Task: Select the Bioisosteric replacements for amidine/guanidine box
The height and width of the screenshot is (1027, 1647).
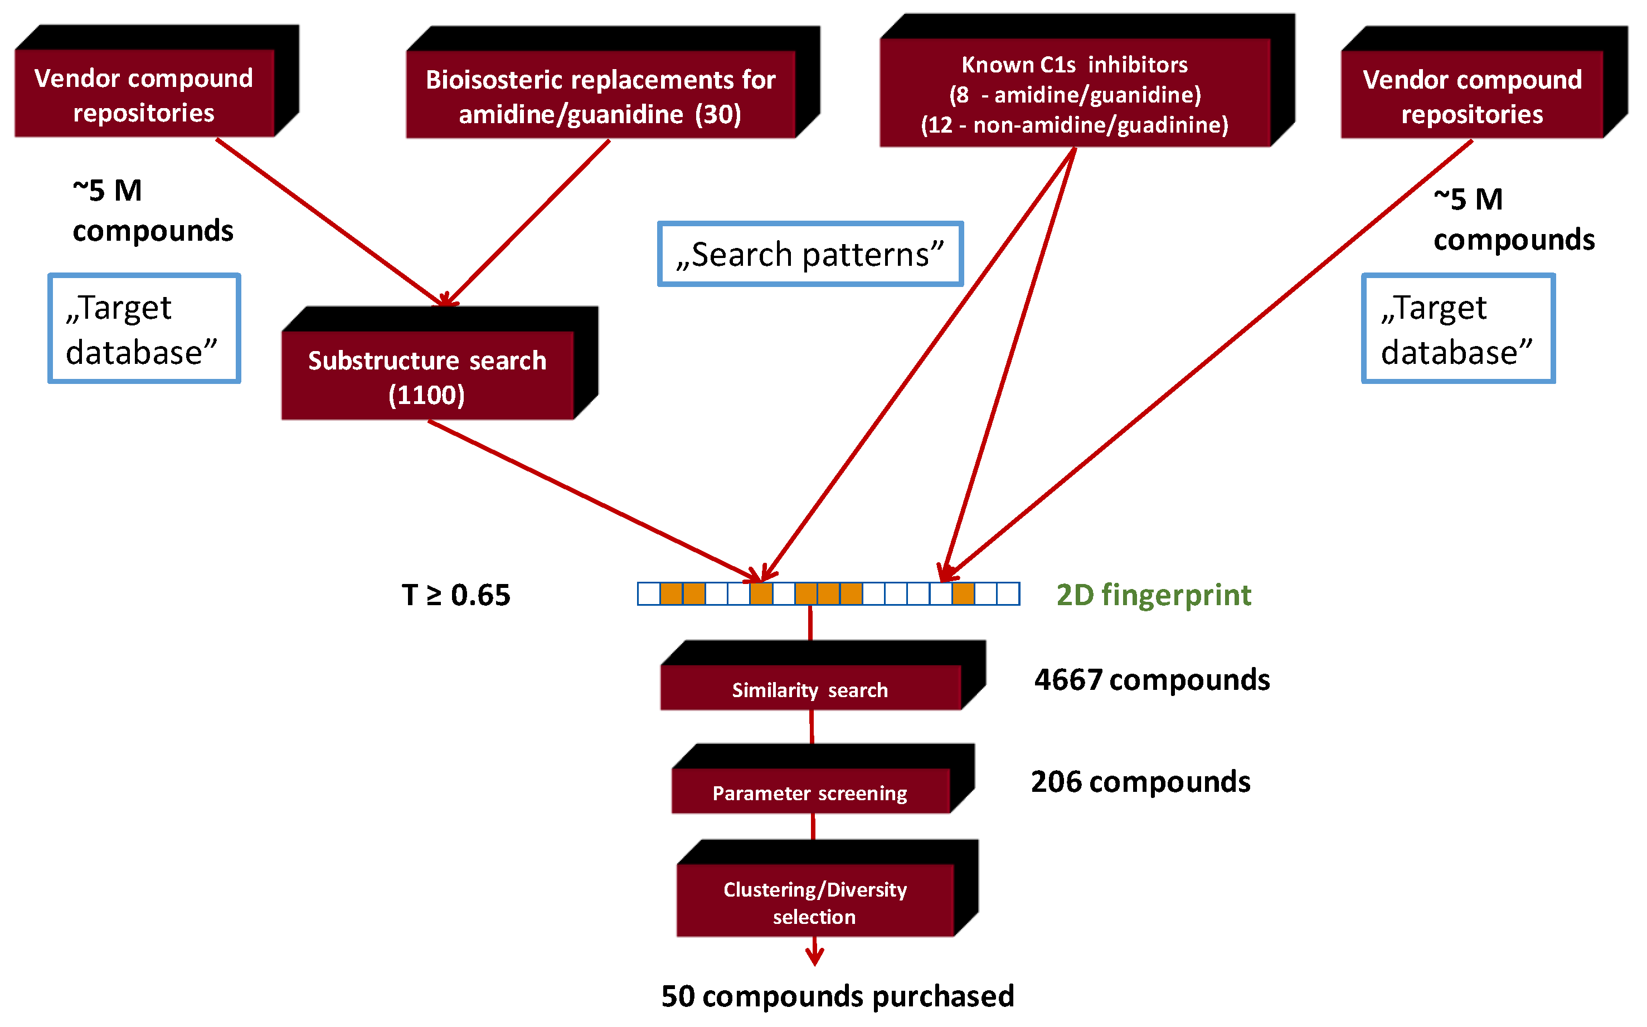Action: [600, 95]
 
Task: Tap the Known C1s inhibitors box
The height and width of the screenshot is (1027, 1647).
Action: [1075, 93]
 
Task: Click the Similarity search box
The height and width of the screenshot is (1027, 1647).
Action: [810, 689]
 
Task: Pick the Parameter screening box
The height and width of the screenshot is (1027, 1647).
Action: [810, 791]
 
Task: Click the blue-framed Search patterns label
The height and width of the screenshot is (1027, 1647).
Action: [810, 254]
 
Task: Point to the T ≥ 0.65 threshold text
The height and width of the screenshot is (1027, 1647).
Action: [456, 595]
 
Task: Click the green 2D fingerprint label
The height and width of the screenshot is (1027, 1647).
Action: [1153, 595]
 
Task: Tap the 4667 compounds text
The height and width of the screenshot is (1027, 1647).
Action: [1152, 680]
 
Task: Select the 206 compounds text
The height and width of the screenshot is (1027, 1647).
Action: [1140, 782]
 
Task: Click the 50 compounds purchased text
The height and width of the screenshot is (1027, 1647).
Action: [837, 996]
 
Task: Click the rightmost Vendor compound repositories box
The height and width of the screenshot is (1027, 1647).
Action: [1472, 96]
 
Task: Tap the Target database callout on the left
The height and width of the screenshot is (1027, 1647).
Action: [144, 329]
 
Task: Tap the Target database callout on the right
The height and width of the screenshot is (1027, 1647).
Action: [1458, 329]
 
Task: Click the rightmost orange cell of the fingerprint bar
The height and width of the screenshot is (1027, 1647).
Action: [963, 593]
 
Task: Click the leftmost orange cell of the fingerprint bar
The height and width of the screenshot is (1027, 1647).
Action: [671, 593]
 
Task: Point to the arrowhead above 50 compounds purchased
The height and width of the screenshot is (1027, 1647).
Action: [815, 958]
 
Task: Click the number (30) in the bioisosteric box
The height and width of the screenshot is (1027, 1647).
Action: [718, 114]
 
